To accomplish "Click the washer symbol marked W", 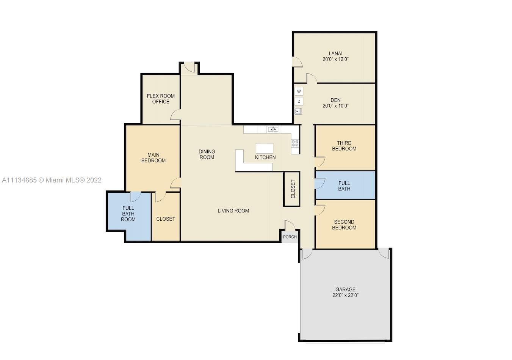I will (299, 91).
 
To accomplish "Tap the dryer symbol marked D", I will (299, 101).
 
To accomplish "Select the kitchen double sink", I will (273, 129).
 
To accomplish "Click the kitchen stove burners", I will (295, 143).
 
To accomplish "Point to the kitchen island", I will (265, 148).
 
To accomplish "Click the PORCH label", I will (290, 237).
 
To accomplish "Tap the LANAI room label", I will (335, 53).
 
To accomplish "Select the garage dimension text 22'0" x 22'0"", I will (345, 295).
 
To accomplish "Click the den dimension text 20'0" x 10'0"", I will (335, 106).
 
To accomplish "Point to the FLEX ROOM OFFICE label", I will (161, 99).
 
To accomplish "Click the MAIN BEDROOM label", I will (153, 157).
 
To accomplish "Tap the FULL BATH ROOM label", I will (128, 214).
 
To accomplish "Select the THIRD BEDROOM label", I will (344, 146).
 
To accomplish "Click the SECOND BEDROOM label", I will (344, 225).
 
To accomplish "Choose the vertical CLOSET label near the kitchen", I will (293, 189).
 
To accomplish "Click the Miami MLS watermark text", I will (52, 180).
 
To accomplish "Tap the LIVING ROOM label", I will (233, 211).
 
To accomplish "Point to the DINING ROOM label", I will (207, 154).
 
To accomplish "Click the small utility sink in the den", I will (298, 111).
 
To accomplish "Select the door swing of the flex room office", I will (175, 115).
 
